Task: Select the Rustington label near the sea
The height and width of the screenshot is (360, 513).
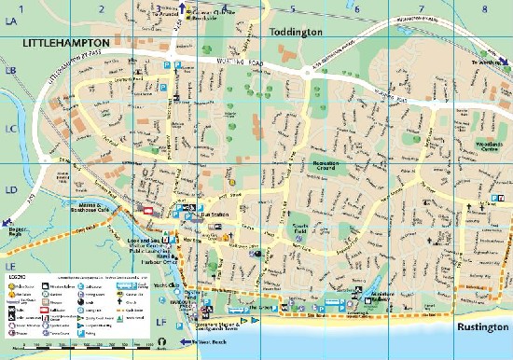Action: coord(480,328)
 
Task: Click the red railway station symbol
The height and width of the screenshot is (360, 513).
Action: coord(148,213)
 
